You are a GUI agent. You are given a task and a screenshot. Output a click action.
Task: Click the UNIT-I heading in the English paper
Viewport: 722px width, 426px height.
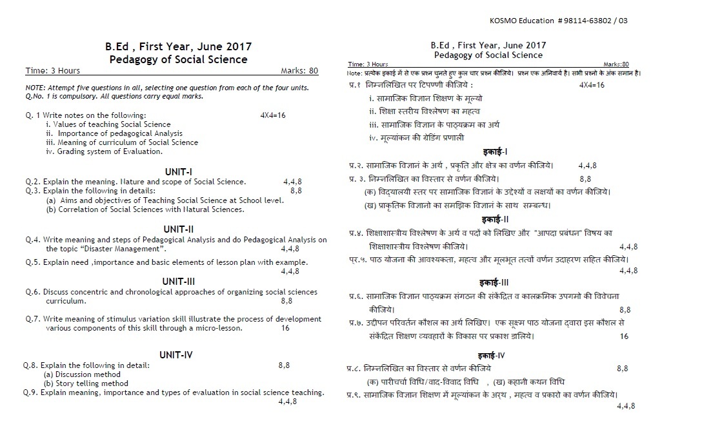pos(179,171)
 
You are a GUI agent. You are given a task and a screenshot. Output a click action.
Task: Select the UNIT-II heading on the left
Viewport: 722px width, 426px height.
pos(179,229)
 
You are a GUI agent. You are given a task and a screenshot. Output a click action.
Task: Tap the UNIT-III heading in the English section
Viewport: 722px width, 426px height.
pos(179,281)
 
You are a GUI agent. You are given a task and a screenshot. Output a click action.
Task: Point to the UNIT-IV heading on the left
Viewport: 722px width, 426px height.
pos(179,354)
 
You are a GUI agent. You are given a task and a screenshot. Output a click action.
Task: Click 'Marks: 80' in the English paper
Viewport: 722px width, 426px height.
pos(299,71)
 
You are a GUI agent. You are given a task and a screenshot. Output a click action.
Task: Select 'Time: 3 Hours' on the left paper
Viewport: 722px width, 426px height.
pos(53,71)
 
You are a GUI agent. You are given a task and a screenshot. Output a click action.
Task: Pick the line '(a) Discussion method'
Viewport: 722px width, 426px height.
pos(82,374)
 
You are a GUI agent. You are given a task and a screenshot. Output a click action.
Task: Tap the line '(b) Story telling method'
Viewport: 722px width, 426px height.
pos(86,383)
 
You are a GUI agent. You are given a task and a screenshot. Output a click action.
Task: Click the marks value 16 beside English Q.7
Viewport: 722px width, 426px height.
pos(285,328)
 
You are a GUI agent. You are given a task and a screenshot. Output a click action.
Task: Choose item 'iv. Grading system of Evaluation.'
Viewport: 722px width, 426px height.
pos(104,151)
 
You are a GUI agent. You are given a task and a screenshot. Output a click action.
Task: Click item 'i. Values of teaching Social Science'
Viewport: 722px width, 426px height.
pos(108,124)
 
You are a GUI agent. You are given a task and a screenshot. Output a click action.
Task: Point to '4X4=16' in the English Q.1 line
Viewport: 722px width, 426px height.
pos(273,115)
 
